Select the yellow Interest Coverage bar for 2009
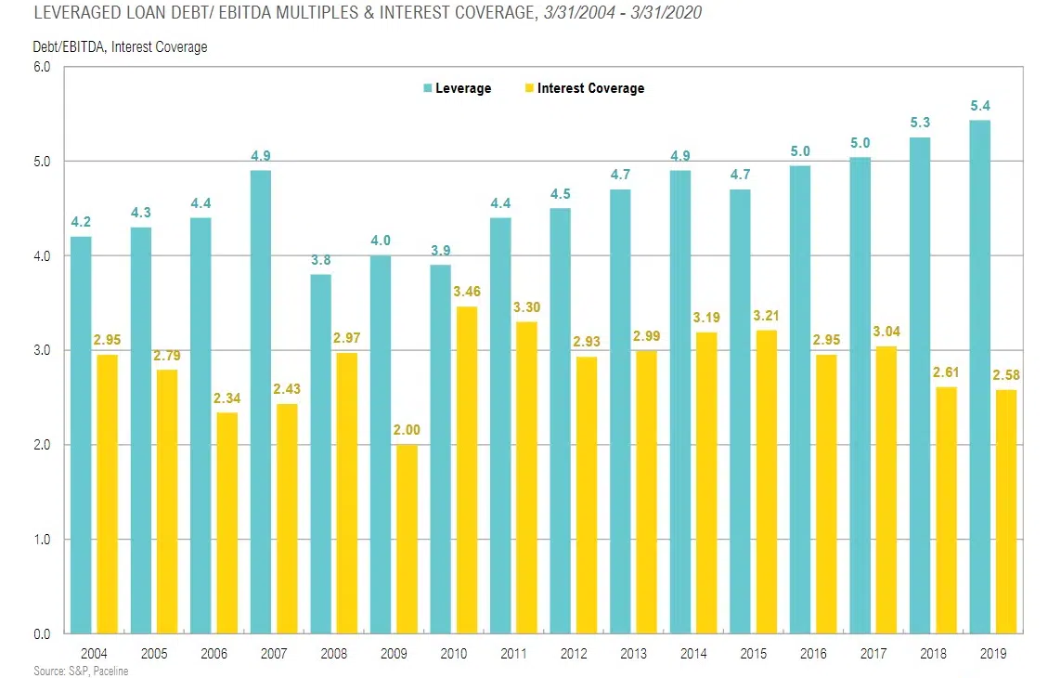point(405,540)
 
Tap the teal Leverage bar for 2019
point(979,377)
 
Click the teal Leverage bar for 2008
point(320,454)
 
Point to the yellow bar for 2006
point(226,523)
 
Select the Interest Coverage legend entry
point(590,88)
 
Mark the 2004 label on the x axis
point(94,653)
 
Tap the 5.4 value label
point(979,106)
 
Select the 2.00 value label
point(405,432)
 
